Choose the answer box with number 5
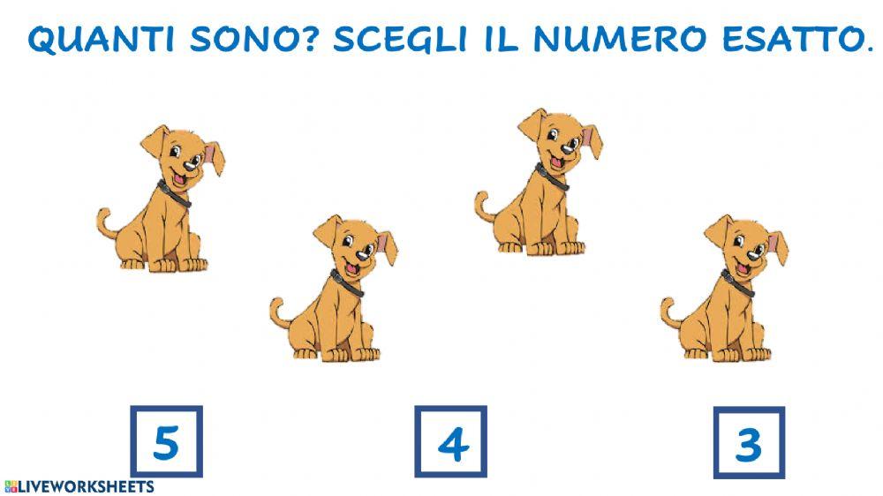[166, 442]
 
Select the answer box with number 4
[451, 442]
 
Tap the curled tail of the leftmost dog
[103, 220]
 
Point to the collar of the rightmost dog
[738, 283]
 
